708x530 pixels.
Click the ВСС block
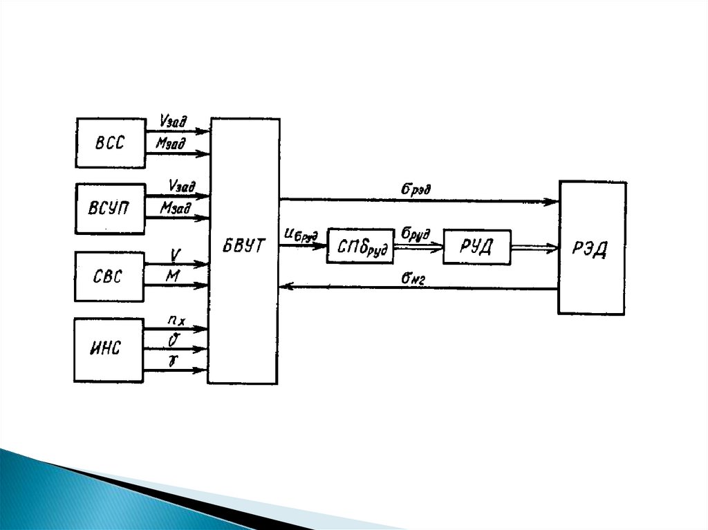(111, 143)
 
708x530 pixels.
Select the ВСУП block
(111, 209)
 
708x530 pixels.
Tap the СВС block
(109, 276)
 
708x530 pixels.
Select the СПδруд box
(360, 246)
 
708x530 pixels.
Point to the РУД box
(476, 247)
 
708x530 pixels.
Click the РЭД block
(593, 248)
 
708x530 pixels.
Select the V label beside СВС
(176, 254)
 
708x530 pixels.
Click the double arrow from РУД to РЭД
(534, 246)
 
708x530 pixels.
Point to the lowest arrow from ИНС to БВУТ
(176, 371)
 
